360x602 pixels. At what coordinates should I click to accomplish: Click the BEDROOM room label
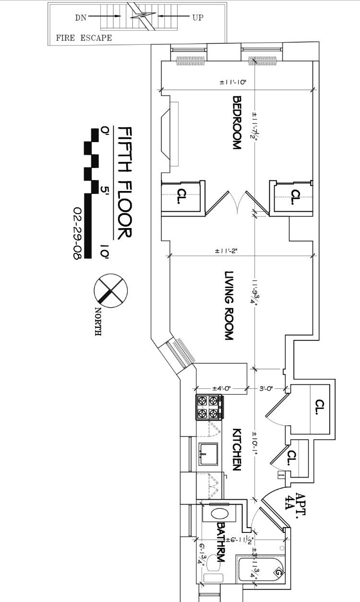[236, 123]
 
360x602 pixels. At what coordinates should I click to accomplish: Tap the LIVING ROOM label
[229, 306]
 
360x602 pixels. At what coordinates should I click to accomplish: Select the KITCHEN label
[236, 449]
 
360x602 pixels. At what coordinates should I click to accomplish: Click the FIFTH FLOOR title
[124, 183]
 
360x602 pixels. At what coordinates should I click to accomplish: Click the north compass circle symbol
[110, 291]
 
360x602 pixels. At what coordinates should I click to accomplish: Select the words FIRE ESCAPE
[84, 37]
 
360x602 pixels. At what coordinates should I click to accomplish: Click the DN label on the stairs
[80, 17]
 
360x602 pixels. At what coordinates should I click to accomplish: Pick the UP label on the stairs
[198, 17]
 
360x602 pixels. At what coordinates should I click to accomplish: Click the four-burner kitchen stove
[209, 407]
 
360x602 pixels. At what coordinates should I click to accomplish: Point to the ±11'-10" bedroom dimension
[233, 83]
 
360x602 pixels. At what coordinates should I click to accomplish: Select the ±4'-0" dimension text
[221, 388]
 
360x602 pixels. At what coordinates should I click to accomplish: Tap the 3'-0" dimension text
[266, 388]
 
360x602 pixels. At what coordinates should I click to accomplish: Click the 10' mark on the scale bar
[105, 253]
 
